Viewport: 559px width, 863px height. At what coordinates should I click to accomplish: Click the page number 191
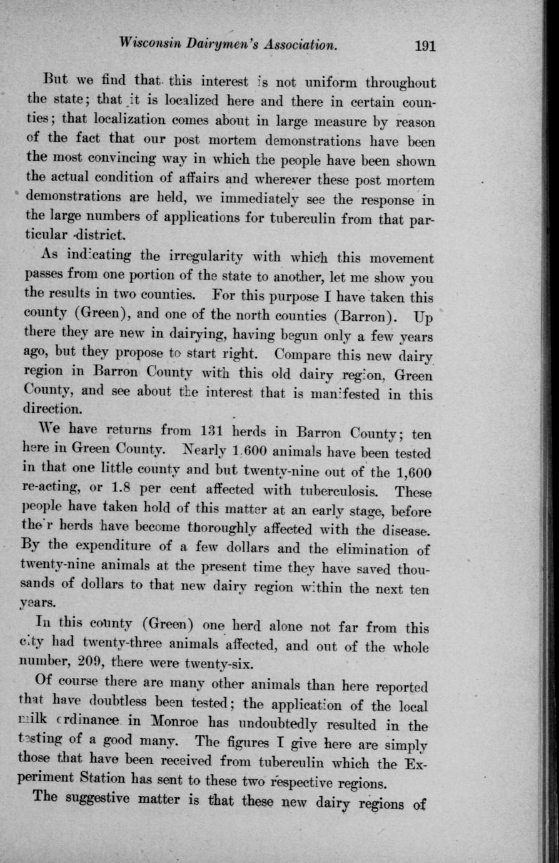(x=424, y=46)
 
